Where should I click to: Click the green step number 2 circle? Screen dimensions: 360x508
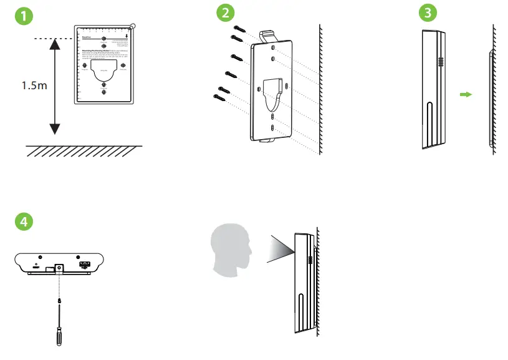point(226,12)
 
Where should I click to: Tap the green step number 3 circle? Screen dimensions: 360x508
point(426,12)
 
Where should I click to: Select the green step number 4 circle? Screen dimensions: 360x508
point(24,221)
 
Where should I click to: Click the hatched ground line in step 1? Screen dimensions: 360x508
point(84,151)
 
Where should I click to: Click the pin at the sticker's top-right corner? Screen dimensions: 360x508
point(133,27)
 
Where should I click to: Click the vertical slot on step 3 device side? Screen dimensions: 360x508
point(429,122)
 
